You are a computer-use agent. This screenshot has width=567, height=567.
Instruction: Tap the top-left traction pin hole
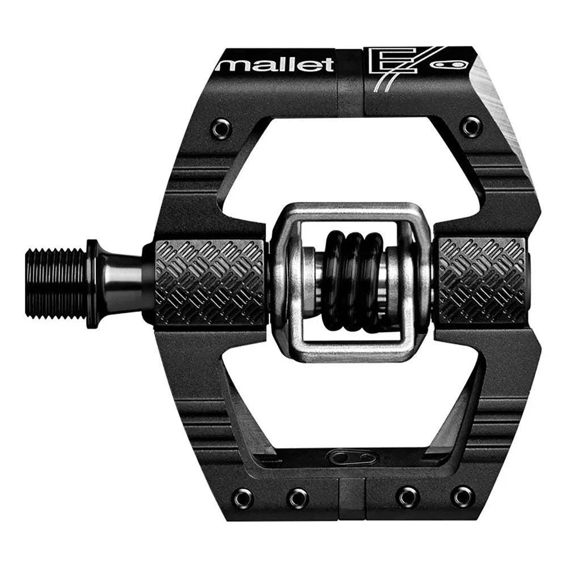(x=221, y=127)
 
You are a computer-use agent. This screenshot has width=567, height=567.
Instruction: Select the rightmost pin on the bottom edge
(x=463, y=496)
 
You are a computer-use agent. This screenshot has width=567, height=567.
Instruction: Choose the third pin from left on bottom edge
(x=408, y=497)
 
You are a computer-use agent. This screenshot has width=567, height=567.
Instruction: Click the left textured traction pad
(x=210, y=281)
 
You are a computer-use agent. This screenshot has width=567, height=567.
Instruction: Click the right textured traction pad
(x=483, y=281)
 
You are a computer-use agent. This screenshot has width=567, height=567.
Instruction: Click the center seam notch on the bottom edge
(x=353, y=497)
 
